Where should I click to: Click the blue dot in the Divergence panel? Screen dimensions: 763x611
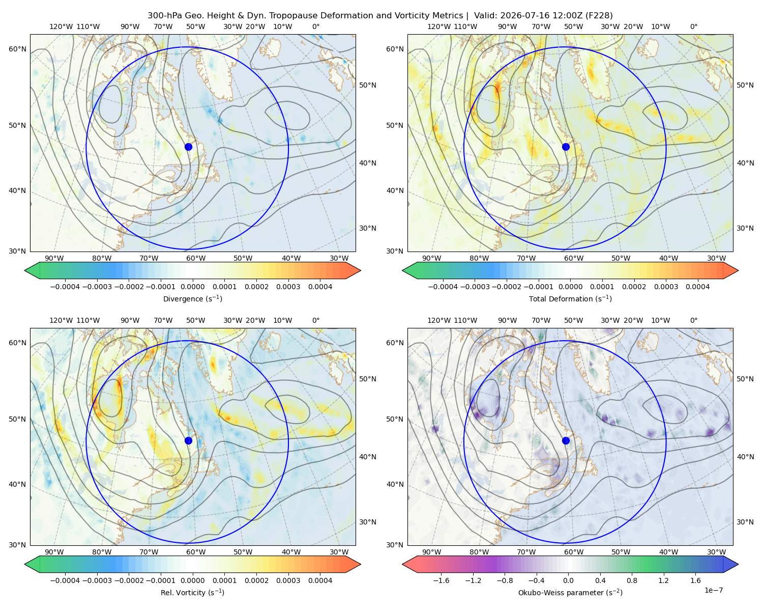(188, 147)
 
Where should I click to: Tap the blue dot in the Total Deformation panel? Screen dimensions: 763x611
(566, 147)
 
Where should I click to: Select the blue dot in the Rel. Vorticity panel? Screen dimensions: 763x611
(188, 440)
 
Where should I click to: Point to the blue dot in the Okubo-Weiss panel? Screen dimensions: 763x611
(566, 440)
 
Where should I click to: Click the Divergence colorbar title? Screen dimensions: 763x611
(192, 299)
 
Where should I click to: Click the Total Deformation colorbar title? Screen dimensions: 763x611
(570, 299)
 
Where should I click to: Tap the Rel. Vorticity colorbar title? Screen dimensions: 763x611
(192, 593)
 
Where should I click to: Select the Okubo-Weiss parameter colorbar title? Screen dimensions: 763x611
(570, 593)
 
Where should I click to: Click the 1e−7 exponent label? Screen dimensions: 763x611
(713, 590)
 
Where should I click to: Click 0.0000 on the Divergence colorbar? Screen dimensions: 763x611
(192, 287)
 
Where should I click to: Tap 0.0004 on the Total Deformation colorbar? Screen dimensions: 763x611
(697, 287)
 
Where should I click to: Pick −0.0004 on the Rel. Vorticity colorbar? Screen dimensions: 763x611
(65, 580)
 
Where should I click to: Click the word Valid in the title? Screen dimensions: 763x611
(484, 16)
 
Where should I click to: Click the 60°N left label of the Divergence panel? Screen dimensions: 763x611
(17, 49)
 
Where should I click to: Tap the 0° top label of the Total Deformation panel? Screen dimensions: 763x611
(693, 26)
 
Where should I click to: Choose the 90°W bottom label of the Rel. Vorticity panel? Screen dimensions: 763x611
(54, 552)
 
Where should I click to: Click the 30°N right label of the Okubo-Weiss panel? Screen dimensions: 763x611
(745, 522)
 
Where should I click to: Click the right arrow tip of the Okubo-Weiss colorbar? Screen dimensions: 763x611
(738, 564)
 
